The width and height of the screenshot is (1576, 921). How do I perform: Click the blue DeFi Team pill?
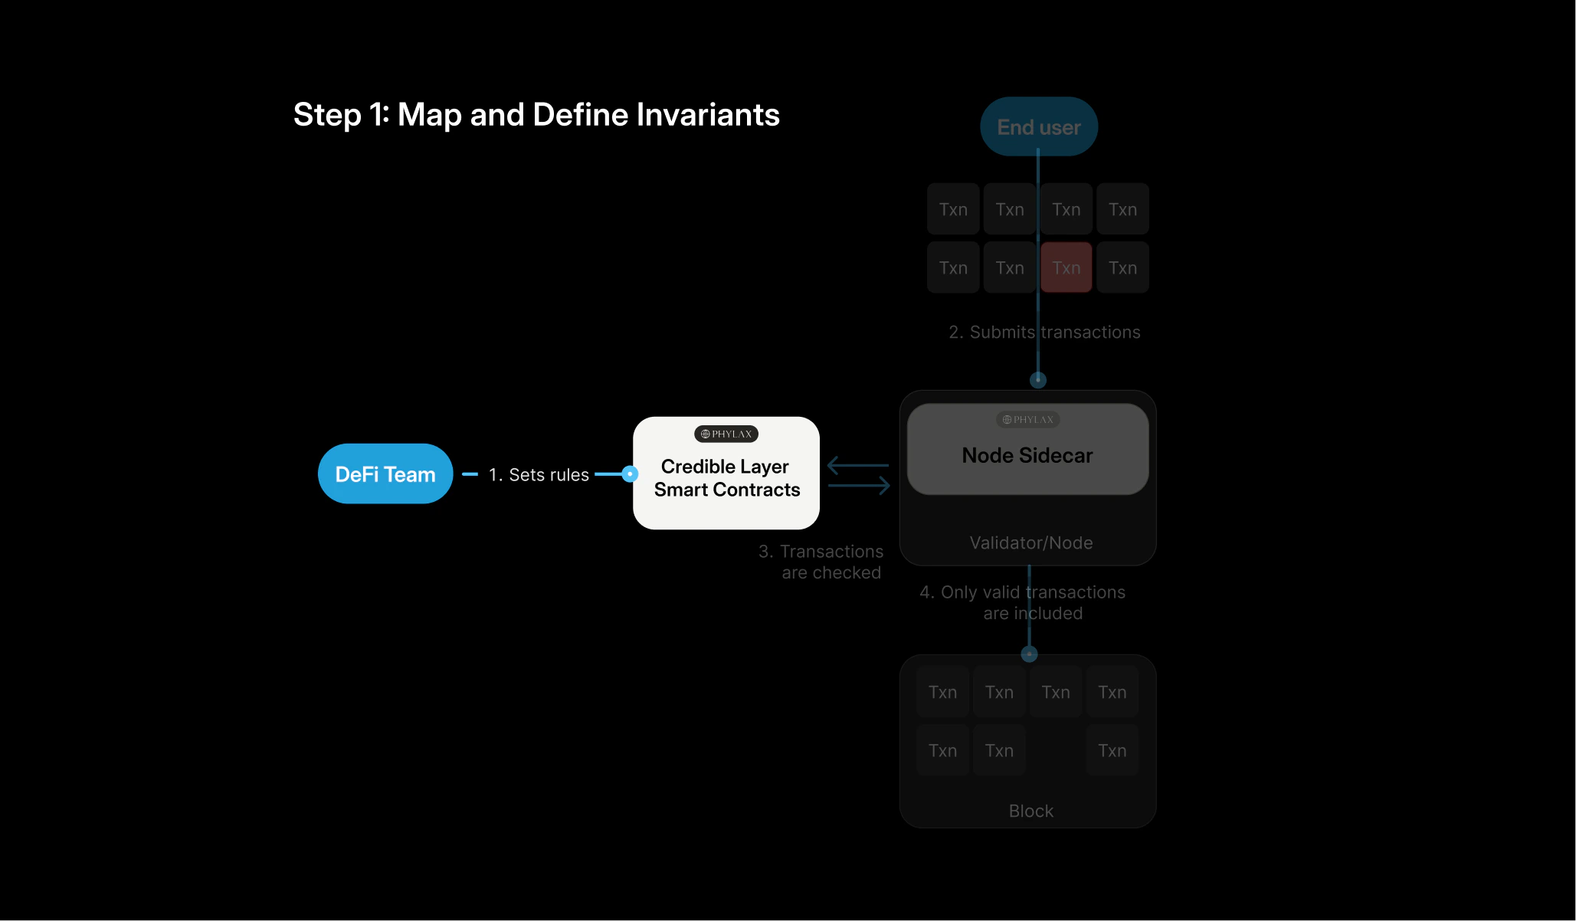[385, 474]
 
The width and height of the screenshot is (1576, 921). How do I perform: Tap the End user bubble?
[1038, 126]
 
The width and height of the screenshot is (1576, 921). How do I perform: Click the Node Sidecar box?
[1027, 455]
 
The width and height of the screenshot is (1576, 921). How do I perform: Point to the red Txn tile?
[1066, 267]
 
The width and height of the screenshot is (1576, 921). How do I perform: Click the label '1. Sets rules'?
[539, 475]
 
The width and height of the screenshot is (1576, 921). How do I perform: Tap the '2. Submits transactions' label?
[1044, 332]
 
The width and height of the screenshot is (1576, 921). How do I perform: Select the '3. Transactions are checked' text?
[821, 562]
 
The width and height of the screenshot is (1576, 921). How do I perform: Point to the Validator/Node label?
[1030, 542]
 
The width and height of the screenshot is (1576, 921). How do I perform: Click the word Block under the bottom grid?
[1030, 811]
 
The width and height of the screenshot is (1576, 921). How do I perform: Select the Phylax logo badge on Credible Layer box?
[726, 434]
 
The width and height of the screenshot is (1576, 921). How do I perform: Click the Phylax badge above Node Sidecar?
[1027, 419]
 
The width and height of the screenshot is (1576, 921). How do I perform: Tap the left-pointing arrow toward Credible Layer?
[857, 464]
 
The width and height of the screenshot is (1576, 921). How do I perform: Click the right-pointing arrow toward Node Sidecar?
[859, 485]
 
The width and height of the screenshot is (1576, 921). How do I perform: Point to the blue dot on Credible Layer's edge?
[630, 474]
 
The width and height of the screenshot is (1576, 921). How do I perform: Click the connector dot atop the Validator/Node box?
[1037, 379]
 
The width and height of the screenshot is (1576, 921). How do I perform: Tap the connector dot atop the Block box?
[1029, 654]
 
